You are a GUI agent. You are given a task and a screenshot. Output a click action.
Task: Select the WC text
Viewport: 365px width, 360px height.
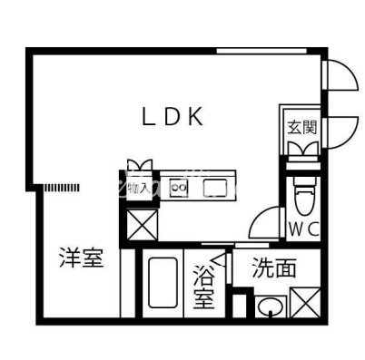click(302, 229)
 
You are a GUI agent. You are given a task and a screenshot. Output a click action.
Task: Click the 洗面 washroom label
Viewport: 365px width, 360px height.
click(274, 268)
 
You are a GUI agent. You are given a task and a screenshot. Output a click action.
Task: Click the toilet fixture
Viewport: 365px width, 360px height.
click(302, 193)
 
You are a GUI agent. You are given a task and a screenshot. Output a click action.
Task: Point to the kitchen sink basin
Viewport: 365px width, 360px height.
click(216, 188)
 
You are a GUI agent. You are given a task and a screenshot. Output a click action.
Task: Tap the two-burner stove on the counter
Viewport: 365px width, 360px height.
click(179, 188)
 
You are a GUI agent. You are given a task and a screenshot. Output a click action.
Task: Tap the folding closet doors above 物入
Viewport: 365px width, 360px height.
click(140, 166)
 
